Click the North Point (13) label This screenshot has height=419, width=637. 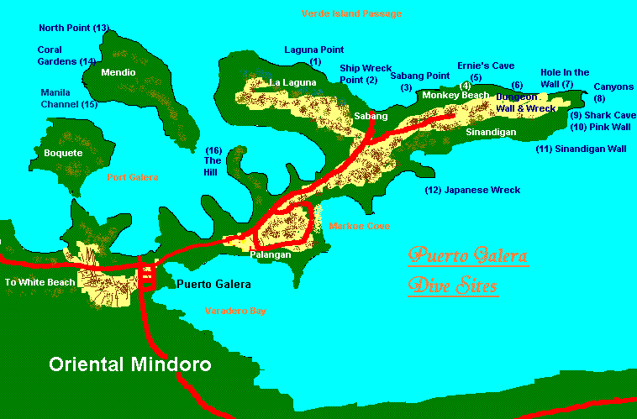click(x=74, y=29)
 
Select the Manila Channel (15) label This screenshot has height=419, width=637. click(x=69, y=98)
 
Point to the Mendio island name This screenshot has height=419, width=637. click(x=118, y=73)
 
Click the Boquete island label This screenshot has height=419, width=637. click(x=63, y=153)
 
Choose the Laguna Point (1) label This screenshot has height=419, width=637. click(x=314, y=55)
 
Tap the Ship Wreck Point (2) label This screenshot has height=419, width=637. click(x=358, y=74)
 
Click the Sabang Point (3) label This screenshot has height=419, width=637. click(x=420, y=81)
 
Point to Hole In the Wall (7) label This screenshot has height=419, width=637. click(x=564, y=78)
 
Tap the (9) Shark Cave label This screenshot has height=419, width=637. click(x=603, y=115)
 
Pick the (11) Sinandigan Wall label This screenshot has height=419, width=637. click(x=581, y=149)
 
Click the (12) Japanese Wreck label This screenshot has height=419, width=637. click(x=472, y=191)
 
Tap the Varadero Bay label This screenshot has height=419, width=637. click(x=236, y=311)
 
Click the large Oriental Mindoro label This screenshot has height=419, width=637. click(x=130, y=364)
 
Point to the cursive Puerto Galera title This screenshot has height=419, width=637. click(x=467, y=255)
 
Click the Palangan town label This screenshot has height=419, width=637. click(x=271, y=254)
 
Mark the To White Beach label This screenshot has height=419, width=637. click(x=39, y=282)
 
